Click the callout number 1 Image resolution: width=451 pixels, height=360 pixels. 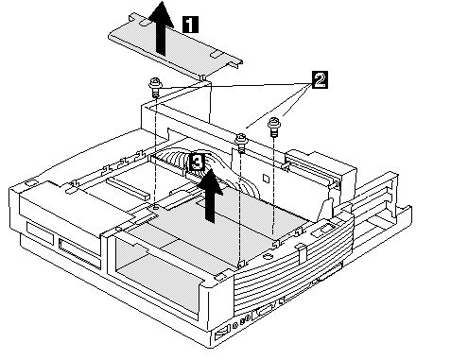pyautogui.click(x=191, y=25)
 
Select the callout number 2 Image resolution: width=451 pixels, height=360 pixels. pyautogui.click(x=320, y=80)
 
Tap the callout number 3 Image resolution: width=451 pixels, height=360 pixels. pyautogui.click(x=198, y=163)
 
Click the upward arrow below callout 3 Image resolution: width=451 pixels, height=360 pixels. pyautogui.click(x=210, y=196)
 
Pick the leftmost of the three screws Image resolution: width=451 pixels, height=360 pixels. pyautogui.click(x=155, y=87)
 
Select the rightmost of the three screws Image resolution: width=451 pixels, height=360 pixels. pyautogui.click(x=273, y=127)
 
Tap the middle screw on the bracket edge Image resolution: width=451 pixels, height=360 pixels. pyautogui.click(x=241, y=143)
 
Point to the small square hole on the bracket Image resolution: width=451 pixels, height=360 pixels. pyautogui.click(x=266, y=179)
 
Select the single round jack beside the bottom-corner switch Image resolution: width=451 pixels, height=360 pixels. pyautogui.click(x=234, y=326)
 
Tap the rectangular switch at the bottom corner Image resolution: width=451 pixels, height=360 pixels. pyautogui.click(x=221, y=333)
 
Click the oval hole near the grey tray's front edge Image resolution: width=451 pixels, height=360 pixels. pyautogui.click(x=268, y=256)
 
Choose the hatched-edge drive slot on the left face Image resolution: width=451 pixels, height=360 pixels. pyautogui.click(x=79, y=251)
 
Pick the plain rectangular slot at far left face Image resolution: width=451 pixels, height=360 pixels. pyautogui.click(x=40, y=233)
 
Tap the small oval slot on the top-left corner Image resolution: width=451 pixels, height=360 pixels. pyautogui.click(x=29, y=182)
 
